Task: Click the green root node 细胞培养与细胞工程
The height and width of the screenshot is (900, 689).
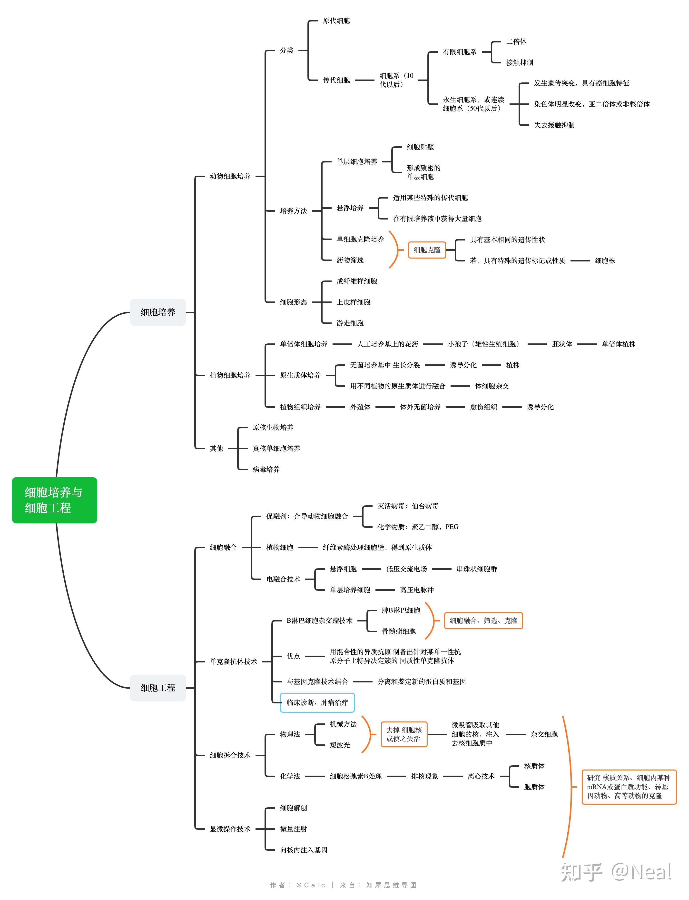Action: point(55,500)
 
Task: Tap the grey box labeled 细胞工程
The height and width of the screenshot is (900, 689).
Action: point(158,688)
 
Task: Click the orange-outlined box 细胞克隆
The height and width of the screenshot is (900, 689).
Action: point(427,250)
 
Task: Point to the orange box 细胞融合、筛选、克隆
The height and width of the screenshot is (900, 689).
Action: point(483,621)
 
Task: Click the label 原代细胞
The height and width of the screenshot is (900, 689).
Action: point(336,20)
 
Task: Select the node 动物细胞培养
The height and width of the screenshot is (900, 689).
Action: point(230,176)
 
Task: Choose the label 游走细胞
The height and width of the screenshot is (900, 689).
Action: point(350,323)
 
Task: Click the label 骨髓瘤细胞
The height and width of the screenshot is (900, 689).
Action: point(399,631)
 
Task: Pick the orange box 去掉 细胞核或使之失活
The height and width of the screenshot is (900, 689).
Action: point(404,734)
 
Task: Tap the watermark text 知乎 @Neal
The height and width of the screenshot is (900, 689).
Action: point(616,872)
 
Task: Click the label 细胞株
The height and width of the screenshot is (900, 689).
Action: point(605,260)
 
